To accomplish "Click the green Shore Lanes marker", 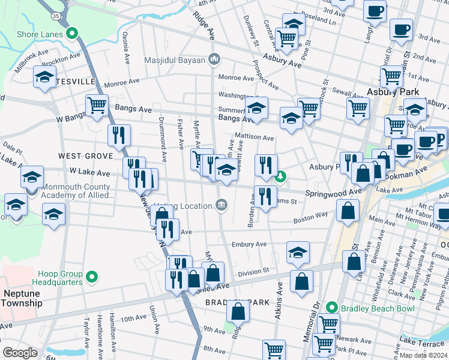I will (73, 34).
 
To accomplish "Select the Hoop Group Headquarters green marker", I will (92, 277).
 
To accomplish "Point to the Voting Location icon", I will (222, 206).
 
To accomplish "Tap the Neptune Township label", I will (23, 298).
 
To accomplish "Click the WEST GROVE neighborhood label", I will (86, 155).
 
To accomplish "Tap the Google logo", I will (20, 353).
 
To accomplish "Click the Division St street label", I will (253, 272).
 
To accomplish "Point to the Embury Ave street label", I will (249, 244).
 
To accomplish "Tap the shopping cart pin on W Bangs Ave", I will (97, 106).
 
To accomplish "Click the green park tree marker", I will (280, 177).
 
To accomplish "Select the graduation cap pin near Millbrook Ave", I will (44, 77).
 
